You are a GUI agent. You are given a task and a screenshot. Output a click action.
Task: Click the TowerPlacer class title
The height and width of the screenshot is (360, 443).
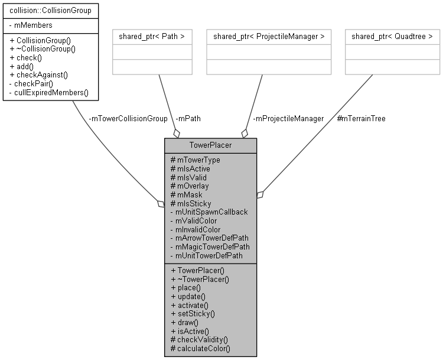point(210,145)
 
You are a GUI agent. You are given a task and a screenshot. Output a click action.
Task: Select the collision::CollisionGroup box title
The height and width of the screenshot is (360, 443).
point(50,10)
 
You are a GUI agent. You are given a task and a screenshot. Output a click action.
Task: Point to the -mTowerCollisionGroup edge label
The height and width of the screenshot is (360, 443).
point(128,118)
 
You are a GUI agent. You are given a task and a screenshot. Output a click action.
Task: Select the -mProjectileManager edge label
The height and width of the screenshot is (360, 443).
point(288,118)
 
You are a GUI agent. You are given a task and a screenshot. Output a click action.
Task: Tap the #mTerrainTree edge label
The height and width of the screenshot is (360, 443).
point(361,118)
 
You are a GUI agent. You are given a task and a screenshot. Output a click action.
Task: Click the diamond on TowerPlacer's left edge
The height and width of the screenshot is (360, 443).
point(160,205)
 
